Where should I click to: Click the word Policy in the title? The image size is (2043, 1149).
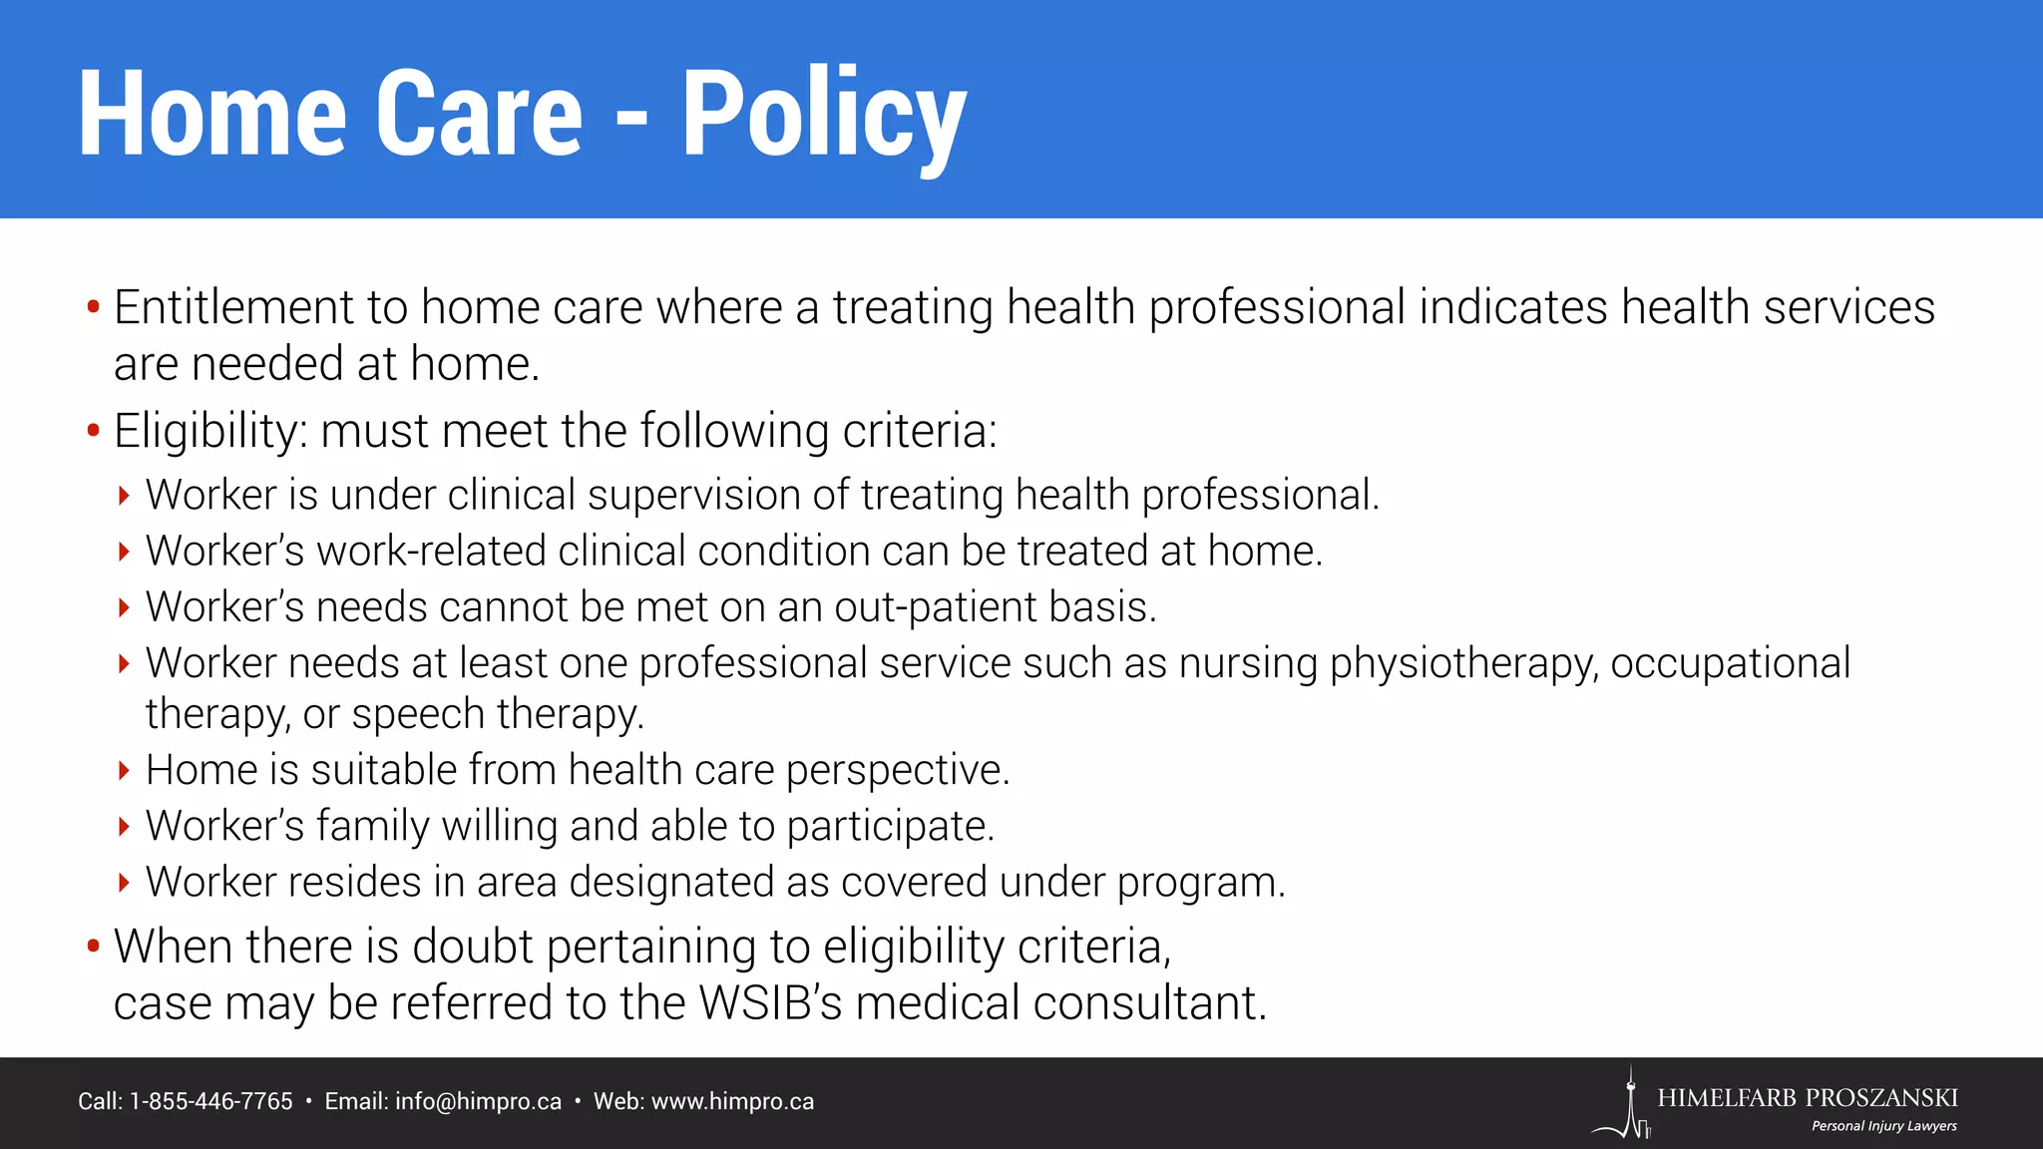point(823,115)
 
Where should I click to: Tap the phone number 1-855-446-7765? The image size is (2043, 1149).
point(211,1101)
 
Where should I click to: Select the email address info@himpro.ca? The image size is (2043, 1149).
point(478,1101)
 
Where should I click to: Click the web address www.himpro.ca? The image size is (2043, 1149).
point(732,1101)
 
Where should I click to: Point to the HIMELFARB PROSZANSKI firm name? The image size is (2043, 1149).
point(1808,1098)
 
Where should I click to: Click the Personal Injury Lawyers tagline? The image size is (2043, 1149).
point(1883,1126)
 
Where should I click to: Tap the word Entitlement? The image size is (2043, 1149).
point(233,307)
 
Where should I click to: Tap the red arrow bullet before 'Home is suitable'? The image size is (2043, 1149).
point(124,770)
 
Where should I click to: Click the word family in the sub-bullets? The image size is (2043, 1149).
point(373,826)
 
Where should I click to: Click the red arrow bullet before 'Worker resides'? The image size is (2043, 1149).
point(124,882)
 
